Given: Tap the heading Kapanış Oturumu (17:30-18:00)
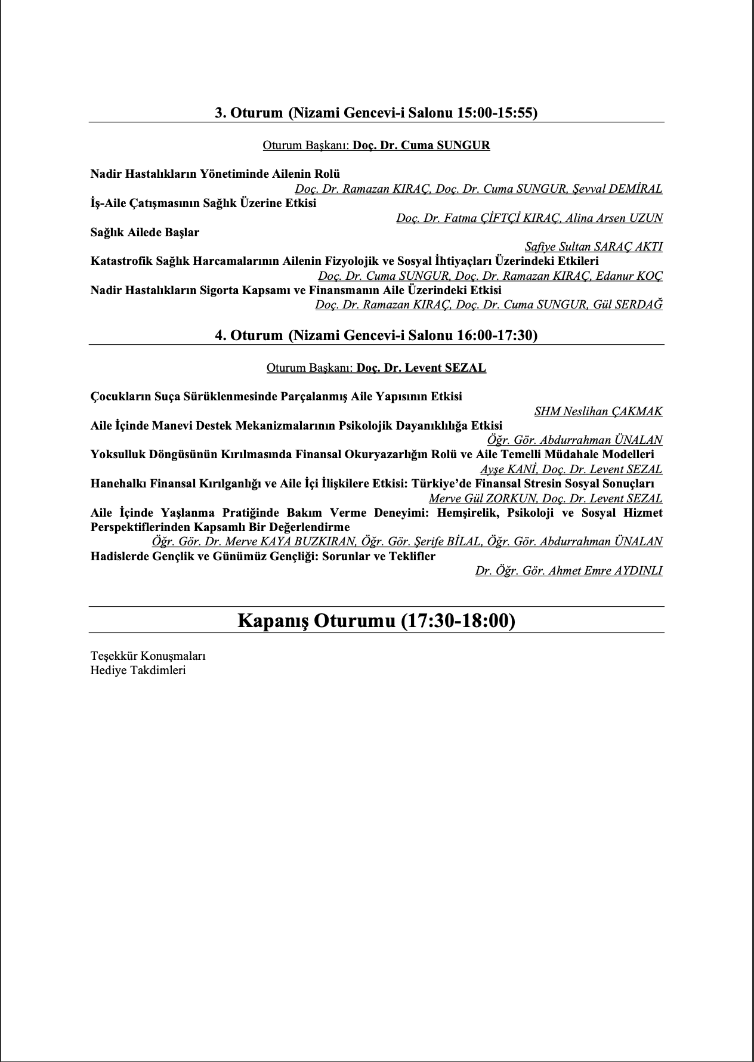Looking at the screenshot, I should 376,620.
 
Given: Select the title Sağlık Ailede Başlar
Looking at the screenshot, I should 145,233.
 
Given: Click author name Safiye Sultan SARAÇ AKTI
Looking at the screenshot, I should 594,247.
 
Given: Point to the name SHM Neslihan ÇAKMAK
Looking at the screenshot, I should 598,411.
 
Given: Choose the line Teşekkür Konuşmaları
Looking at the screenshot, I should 148,656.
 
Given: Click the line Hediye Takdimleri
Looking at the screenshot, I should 138,670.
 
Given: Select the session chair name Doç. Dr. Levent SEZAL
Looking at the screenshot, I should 421,368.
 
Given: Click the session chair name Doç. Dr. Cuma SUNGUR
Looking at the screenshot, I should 421,146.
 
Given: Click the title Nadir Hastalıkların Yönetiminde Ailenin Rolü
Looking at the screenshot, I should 215,174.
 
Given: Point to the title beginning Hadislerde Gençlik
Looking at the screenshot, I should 263,557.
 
